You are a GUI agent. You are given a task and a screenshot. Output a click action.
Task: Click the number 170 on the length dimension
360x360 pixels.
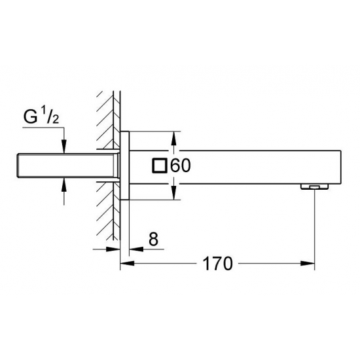[217, 264]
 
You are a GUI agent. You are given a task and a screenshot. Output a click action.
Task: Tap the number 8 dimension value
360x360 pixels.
[154, 240]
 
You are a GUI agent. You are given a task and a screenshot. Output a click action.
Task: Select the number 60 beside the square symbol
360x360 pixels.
[180, 166]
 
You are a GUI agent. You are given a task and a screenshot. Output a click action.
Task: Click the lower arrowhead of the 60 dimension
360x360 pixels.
[173, 194]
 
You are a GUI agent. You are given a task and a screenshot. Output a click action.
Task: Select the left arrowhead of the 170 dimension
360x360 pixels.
[127, 264]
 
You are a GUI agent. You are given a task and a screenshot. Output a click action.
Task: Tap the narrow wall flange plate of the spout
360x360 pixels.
[125, 166]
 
